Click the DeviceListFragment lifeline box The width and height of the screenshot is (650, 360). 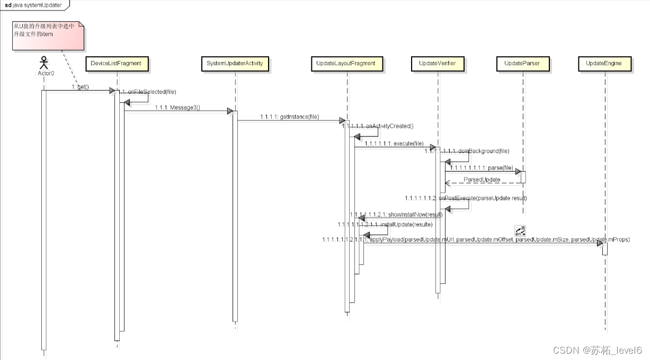(116, 64)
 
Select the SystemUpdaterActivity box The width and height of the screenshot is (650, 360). (235, 64)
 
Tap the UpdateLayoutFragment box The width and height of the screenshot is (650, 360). (345, 64)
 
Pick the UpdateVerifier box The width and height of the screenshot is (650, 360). (437, 64)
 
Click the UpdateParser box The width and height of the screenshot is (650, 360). (522, 64)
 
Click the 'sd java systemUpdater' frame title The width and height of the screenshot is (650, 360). (33, 5)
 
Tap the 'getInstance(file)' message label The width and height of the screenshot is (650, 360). (289, 117)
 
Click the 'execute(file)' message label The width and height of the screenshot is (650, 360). (394, 143)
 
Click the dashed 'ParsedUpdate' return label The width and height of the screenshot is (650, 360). (482, 180)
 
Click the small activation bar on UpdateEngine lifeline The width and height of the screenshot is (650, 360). (604, 249)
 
